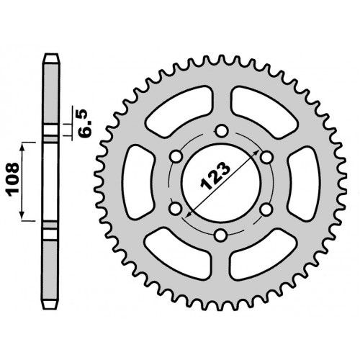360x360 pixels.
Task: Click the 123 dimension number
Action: pos(215,176)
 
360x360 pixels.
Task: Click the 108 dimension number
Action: pos(13,179)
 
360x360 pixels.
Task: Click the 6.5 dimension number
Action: pos(86,123)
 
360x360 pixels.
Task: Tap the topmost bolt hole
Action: pos(221,131)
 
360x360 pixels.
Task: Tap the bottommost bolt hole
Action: pos(221,235)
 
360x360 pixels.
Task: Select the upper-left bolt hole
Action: pos(176,157)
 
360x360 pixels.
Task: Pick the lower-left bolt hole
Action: pos(176,209)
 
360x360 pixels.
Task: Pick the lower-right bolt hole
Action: pos(266,210)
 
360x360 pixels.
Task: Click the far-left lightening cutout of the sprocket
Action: pos(138,182)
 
